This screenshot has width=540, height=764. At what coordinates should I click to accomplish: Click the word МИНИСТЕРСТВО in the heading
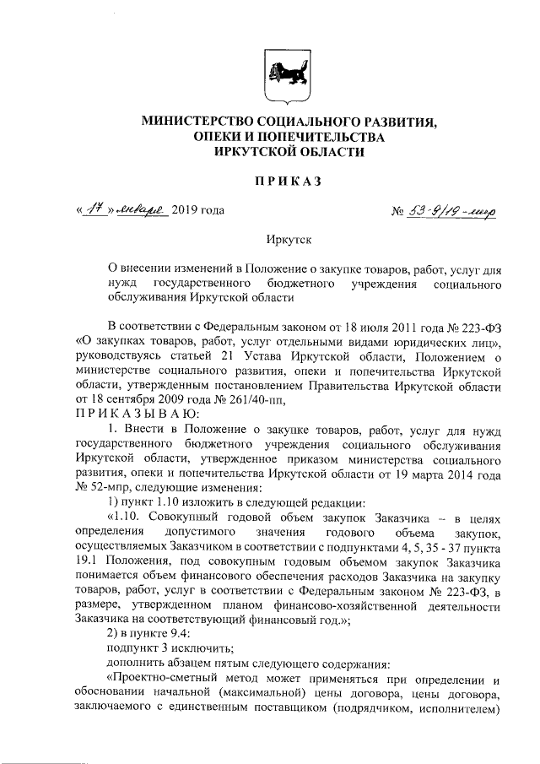(x=196, y=123)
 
